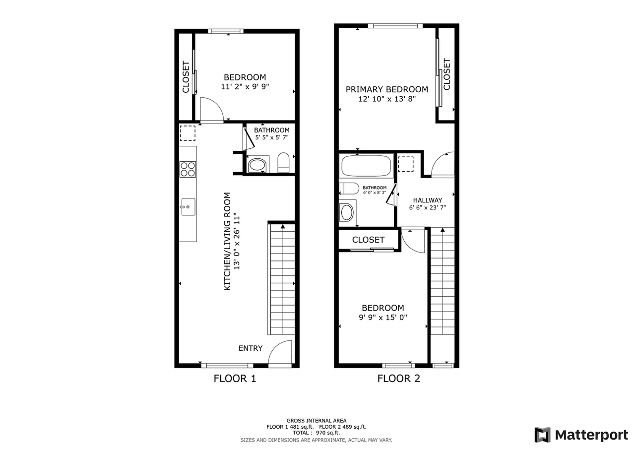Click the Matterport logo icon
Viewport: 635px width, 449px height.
tap(542, 435)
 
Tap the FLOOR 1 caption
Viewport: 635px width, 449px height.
tap(235, 379)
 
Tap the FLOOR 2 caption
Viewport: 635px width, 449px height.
tap(398, 379)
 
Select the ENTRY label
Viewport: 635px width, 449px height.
tap(251, 348)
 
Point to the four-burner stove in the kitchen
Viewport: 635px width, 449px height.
tap(188, 169)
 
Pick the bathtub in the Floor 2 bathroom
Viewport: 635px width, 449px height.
tap(367, 166)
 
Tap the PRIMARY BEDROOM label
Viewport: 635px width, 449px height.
tap(386, 89)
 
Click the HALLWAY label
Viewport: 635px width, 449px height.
tap(427, 200)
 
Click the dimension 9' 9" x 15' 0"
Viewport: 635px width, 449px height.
tap(382, 318)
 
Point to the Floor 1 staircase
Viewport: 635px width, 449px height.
tap(282, 280)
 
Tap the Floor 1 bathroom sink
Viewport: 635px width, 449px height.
tap(257, 165)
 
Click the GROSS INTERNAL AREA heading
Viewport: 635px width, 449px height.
tap(316, 420)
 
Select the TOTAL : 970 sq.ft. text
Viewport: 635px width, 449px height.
tap(316, 433)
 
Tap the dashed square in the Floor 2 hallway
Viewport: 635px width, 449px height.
tap(406, 164)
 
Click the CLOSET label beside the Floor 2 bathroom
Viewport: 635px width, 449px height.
tap(368, 240)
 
